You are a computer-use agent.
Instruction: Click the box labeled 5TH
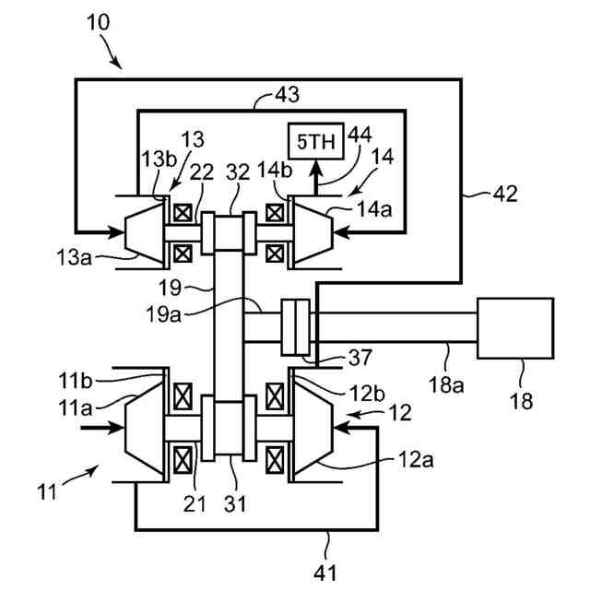313,143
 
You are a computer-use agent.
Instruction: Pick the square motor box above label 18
514,328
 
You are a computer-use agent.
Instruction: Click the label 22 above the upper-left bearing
203,172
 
